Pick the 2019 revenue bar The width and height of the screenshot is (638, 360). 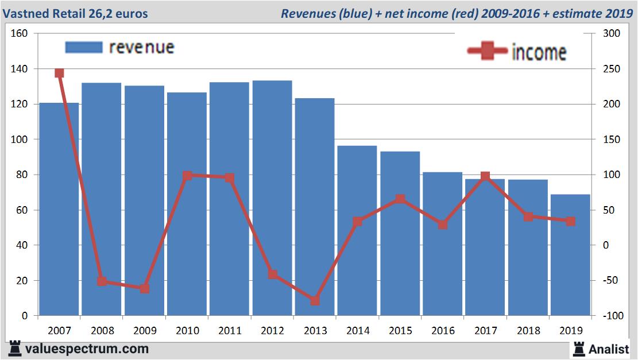[x=570, y=255]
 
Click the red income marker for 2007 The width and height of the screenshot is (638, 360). [x=59, y=73]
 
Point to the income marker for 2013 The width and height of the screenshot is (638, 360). [x=315, y=301]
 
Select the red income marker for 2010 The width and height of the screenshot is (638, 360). [x=187, y=176]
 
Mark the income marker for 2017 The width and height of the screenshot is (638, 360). [x=485, y=176]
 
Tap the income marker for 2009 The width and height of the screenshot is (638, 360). [x=145, y=289]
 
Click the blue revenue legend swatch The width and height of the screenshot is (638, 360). [x=84, y=47]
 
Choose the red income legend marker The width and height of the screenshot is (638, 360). [x=488, y=52]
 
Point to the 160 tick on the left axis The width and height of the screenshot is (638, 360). [x=20, y=33]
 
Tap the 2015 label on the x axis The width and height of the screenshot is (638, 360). [x=400, y=331]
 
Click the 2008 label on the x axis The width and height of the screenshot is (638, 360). [x=102, y=331]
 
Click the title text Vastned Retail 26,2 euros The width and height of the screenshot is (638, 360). [x=74, y=13]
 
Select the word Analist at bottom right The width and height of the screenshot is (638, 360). [x=609, y=349]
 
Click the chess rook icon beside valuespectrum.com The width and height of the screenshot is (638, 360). [x=15, y=348]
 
